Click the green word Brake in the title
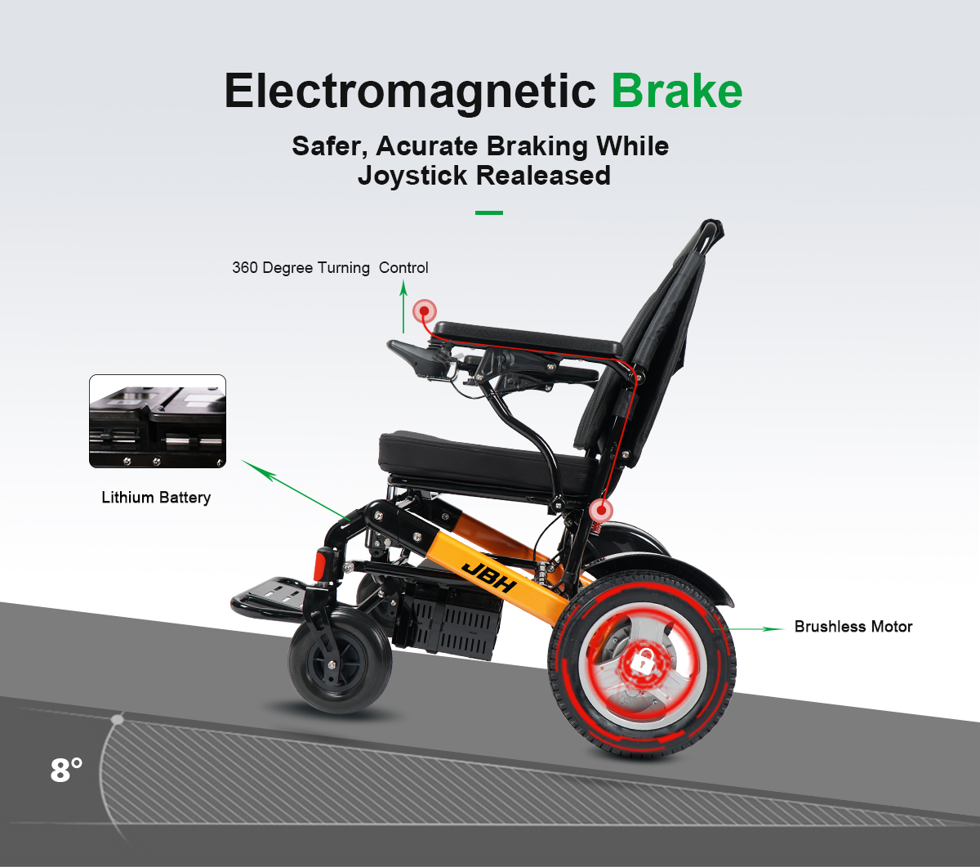click(x=677, y=91)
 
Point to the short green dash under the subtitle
click(x=489, y=212)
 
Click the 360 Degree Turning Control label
click(x=330, y=268)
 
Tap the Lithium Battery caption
click(x=156, y=498)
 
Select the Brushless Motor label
click(x=853, y=627)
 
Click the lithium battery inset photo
click(x=158, y=421)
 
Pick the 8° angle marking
click(x=66, y=770)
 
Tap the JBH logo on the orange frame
click(x=489, y=577)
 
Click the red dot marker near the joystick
click(x=425, y=311)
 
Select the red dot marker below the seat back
click(x=601, y=510)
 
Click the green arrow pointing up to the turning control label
click(x=403, y=307)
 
